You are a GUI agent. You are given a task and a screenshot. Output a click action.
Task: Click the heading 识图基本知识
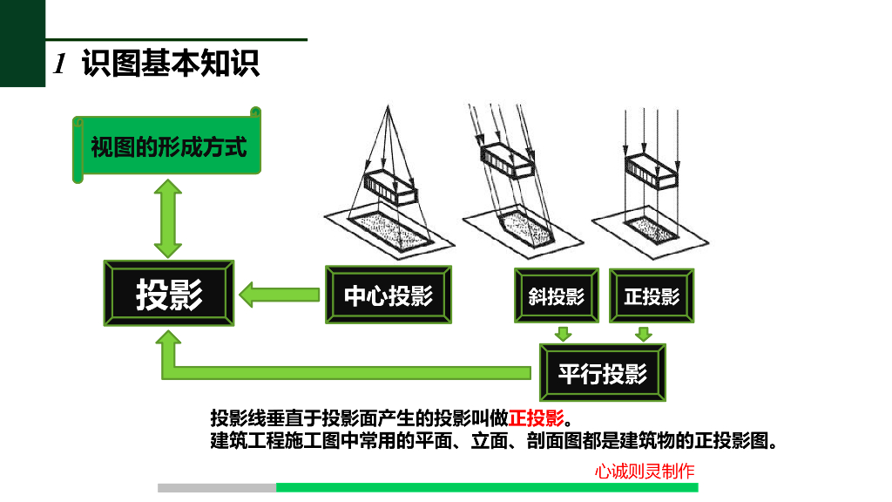[x=171, y=63]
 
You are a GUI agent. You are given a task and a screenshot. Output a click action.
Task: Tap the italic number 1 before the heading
[x=60, y=63]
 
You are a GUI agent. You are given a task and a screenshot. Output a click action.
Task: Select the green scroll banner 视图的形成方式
[x=166, y=146]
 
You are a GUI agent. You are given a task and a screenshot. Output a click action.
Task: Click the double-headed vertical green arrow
[x=168, y=219]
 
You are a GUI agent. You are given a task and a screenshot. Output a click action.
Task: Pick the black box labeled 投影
[x=169, y=293]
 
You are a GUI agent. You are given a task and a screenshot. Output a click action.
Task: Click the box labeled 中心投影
[x=389, y=295]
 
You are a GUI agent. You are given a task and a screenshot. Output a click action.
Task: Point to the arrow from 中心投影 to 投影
[x=280, y=295]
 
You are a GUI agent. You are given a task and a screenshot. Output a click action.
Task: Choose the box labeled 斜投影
[x=557, y=295]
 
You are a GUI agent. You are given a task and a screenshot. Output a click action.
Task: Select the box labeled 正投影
[x=652, y=296]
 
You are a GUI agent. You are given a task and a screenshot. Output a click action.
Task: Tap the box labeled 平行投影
[x=603, y=373]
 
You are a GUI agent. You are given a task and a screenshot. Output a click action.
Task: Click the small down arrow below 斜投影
[x=564, y=334]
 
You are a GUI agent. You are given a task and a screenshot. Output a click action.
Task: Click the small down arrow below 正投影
[x=644, y=334]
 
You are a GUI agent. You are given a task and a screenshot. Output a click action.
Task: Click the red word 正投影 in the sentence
[x=537, y=417]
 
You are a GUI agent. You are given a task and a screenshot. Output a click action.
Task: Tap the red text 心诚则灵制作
[x=645, y=471]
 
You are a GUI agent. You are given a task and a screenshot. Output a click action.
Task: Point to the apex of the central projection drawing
[x=388, y=105]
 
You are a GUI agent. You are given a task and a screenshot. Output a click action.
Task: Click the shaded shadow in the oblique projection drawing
[x=525, y=229]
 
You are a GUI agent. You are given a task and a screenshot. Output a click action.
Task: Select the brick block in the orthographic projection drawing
[x=652, y=170]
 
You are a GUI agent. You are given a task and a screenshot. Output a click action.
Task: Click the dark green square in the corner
[x=23, y=44]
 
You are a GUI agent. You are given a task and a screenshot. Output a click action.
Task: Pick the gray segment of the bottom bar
[x=217, y=488]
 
